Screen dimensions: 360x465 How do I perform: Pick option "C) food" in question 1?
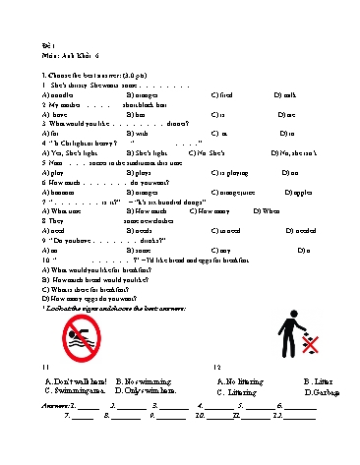point(222,94)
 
